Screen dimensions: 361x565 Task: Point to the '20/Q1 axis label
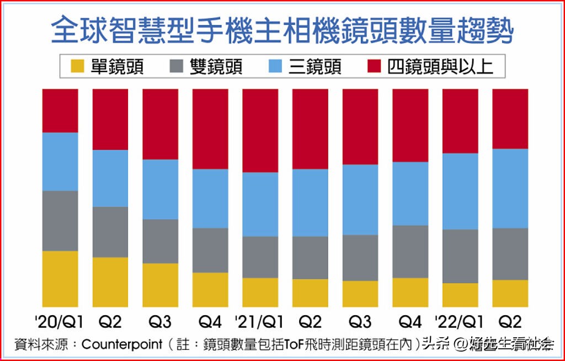60,322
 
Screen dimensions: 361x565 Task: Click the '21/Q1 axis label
259,322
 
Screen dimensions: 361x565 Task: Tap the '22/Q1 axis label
460,322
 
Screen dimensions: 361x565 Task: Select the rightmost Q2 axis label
510,322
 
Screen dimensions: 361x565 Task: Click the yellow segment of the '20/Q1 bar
60,279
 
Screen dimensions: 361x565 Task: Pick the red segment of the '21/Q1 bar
260,130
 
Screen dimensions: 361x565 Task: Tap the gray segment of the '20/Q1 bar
60,221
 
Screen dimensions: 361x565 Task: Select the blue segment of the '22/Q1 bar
460,191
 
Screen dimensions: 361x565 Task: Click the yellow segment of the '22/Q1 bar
460,295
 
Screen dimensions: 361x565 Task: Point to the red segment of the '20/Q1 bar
60,111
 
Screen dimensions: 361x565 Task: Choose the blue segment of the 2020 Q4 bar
210,198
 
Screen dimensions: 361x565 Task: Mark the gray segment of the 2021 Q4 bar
410,251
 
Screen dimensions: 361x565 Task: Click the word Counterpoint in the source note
121,344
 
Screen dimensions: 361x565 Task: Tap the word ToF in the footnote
293,344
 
